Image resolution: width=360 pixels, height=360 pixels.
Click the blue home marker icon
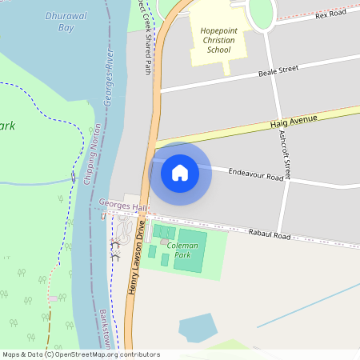pyautogui.click(x=180, y=173)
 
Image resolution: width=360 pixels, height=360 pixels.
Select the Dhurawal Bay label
pyautogui.click(x=65, y=21)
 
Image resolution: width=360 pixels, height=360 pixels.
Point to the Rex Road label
pyautogui.click(x=330, y=14)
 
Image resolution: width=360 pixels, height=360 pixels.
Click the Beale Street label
pyautogui.click(x=278, y=70)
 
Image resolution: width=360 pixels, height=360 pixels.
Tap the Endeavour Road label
pyautogui.click(x=255, y=173)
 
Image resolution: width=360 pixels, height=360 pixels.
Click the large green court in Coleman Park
pyautogui.click(x=190, y=250)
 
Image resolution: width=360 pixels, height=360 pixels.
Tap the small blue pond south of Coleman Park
pyautogui.click(x=197, y=327)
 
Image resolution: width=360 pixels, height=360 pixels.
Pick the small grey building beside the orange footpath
pyautogui.click(x=54, y=298)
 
